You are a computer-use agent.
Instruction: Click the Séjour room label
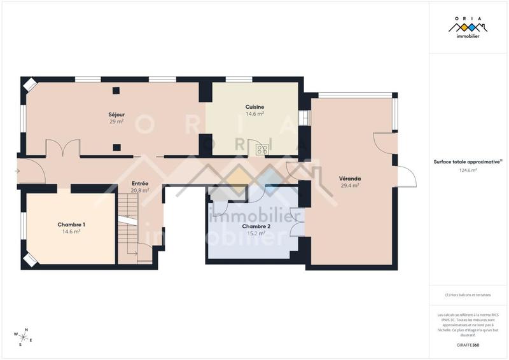[x=116, y=114]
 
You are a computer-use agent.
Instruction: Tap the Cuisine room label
[x=254, y=107]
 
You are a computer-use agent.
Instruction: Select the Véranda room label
[x=350, y=179]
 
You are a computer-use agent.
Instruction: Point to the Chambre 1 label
[x=71, y=225]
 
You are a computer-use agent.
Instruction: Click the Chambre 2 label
[x=255, y=226]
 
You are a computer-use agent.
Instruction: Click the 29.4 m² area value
[x=350, y=186]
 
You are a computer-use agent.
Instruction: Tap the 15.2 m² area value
[x=255, y=233]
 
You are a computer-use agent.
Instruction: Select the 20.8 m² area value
[x=140, y=190]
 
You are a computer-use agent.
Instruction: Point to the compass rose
[x=22, y=336]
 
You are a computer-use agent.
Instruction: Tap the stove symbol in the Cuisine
[x=261, y=149]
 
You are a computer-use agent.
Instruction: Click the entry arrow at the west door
[x=17, y=171]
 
